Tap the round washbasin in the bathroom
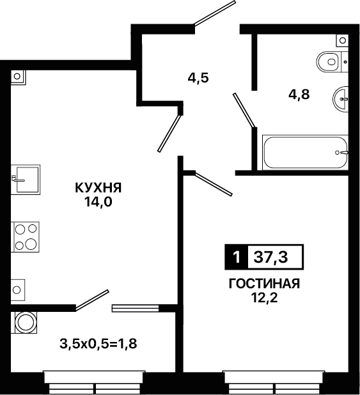[x=341, y=98]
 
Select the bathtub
[x=305, y=152]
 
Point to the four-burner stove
[x=25, y=236]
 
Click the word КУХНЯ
[x=98, y=188]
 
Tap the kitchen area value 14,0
[x=98, y=201]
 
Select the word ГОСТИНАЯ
[x=264, y=284]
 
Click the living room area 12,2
[x=264, y=298]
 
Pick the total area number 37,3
[x=270, y=257]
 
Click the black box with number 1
[x=236, y=257]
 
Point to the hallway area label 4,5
[x=198, y=78]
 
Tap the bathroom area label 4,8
[x=299, y=95]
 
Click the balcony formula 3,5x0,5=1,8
[x=98, y=343]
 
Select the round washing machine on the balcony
[x=26, y=322]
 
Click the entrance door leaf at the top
[x=215, y=13]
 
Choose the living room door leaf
[x=214, y=184]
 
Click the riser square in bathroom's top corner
[x=342, y=40]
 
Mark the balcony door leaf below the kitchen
[x=92, y=300]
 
